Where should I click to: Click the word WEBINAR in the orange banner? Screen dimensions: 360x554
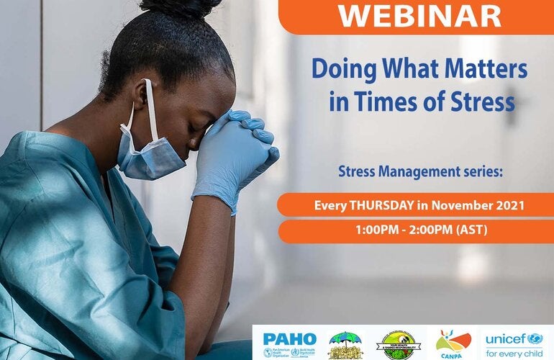(419, 15)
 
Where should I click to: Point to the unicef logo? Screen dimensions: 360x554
(514, 338)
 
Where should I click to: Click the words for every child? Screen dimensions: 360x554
(514, 353)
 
